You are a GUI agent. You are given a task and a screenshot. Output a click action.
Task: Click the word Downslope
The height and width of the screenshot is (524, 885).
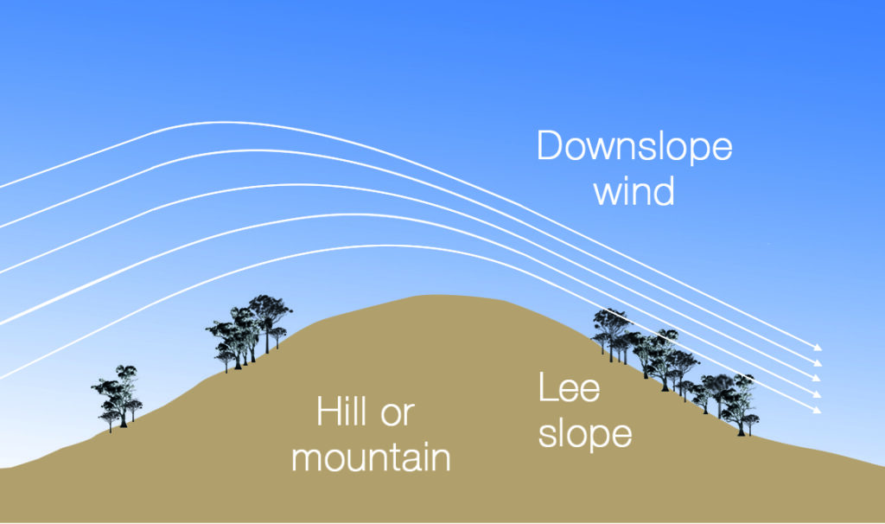tap(634, 146)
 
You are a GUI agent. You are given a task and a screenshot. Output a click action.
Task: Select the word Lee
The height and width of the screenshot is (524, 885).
tap(569, 388)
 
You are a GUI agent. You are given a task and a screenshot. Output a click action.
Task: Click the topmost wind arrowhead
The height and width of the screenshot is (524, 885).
tap(818, 348)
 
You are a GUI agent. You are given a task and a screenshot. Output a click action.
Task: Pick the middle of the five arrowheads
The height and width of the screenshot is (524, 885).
tap(818, 379)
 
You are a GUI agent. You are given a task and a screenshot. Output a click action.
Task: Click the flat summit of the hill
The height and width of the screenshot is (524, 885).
tap(432, 299)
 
